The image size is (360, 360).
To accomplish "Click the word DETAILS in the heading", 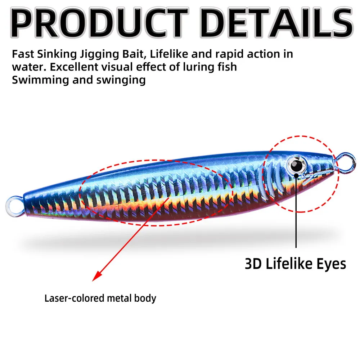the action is point(276,23).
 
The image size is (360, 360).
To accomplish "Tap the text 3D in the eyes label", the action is point(253,264).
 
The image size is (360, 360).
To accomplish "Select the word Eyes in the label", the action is point(331,264).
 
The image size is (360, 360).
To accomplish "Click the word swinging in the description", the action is point(121,81).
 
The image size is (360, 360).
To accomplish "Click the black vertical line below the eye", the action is point(296,211).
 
